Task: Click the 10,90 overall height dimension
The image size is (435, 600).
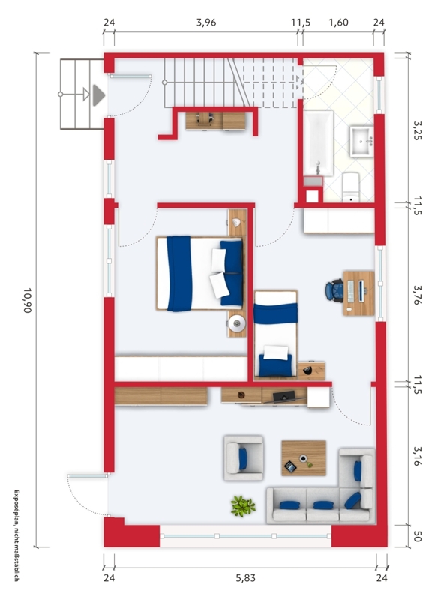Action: point(27,301)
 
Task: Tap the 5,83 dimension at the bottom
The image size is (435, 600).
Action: point(245,577)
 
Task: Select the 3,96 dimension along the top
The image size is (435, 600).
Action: point(206,22)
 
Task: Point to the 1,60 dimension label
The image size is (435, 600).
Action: point(338,22)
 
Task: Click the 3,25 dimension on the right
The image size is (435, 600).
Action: point(418,130)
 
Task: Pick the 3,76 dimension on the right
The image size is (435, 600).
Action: point(418,294)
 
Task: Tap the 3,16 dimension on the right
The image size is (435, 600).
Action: point(418,456)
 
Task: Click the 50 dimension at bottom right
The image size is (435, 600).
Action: point(418,536)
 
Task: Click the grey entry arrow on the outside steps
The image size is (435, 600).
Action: point(98,95)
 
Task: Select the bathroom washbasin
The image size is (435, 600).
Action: point(361,142)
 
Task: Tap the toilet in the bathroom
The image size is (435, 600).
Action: point(351,187)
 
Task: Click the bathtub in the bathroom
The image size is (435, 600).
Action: point(318,143)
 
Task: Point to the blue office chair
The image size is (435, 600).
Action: point(334,291)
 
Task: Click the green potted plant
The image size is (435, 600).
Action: point(242,505)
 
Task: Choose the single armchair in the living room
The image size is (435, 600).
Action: point(244,458)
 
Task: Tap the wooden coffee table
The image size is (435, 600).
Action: point(304,458)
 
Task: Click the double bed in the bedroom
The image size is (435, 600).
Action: point(199,273)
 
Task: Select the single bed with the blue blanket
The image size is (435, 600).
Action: point(276,334)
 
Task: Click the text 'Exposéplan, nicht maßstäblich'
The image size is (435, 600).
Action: point(16,535)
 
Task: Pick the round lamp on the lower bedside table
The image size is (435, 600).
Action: point(237,323)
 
